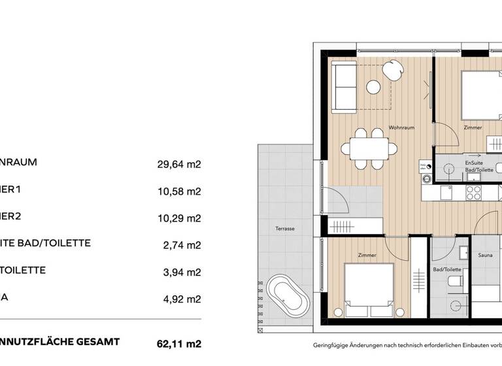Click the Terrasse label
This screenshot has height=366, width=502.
tap(286, 229)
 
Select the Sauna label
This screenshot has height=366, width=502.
tap(485, 256)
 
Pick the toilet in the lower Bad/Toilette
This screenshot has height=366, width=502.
tap(455, 282)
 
